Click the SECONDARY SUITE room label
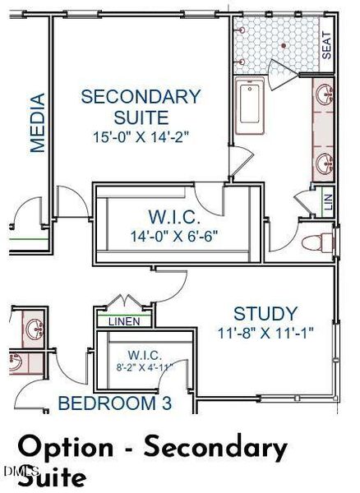(x=141, y=107)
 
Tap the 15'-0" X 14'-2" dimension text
(x=141, y=137)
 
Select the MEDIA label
(x=38, y=122)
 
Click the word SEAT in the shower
(x=326, y=45)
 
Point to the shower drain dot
(x=284, y=46)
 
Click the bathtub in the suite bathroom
(x=250, y=105)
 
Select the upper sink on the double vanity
(x=324, y=94)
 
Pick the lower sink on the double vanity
(x=324, y=164)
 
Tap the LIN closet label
(x=328, y=202)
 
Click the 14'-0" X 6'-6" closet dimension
(x=174, y=236)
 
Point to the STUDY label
(x=265, y=314)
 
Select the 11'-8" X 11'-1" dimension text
(x=265, y=333)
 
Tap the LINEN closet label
(x=124, y=321)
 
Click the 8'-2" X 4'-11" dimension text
(x=145, y=367)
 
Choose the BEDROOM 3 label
(x=115, y=403)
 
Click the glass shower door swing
(x=282, y=75)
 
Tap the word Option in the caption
(x=66, y=448)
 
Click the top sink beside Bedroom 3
(x=34, y=329)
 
